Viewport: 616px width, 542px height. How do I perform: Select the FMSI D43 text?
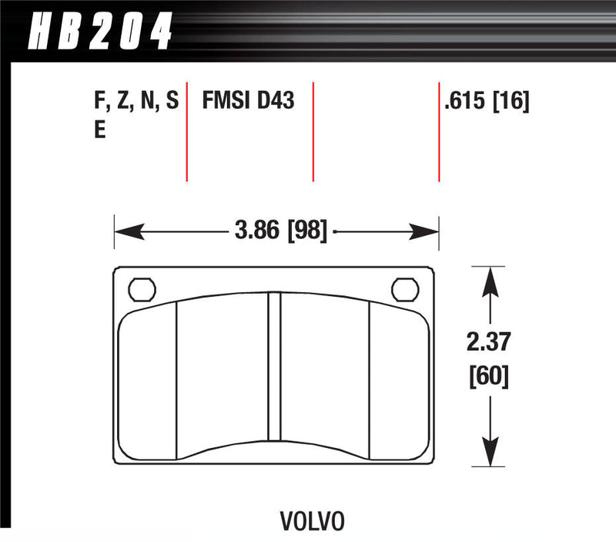[248, 101]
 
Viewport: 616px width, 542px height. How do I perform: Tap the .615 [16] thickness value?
[486, 101]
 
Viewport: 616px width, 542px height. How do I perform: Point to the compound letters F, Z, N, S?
[135, 101]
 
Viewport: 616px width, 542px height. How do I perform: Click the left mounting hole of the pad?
[139, 289]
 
